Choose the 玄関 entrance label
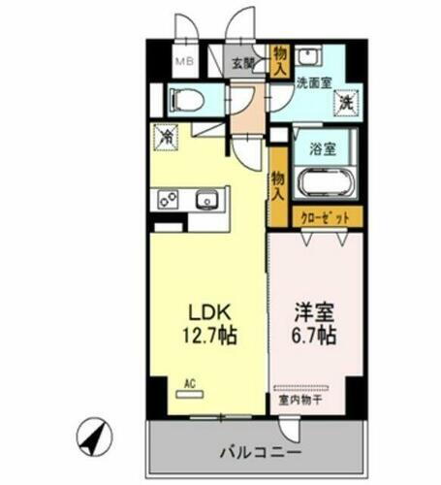[x=242, y=65]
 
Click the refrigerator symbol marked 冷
[x=167, y=140]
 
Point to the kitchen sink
[x=206, y=201]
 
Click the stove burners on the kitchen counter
[x=165, y=201]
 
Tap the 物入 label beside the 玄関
[x=279, y=61]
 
